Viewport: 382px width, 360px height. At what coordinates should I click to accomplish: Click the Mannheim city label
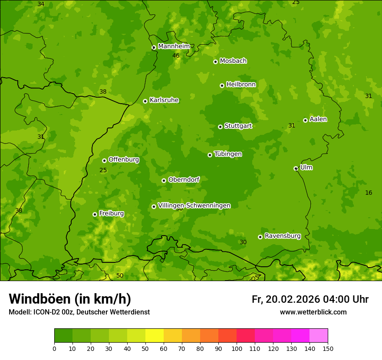pyautogui.click(x=174, y=46)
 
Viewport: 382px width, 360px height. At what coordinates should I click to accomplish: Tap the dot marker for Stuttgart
pyautogui.click(x=220, y=127)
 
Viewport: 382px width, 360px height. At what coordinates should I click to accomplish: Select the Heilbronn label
pyautogui.click(x=241, y=85)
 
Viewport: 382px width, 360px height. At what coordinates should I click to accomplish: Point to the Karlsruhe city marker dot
pyautogui.click(x=145, y=101)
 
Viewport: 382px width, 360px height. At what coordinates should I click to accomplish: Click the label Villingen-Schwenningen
pyautogui.click(x=194, y=206)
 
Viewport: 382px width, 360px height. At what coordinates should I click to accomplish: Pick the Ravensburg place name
pyautogui.click(x=282, y=236)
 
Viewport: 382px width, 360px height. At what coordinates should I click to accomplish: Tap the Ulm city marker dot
pyautogui.click(x=296, y=168)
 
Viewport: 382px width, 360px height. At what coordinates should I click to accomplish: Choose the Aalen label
pyautogui.click(x=318, y=119)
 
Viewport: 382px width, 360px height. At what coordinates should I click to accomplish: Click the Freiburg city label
pyautogui.click(x=111, y=213)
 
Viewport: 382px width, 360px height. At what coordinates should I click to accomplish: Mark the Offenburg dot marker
pyautogui.click(x=104, y=160)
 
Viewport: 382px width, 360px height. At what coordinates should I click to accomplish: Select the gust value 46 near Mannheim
pyautogui.click(x=176, y=56)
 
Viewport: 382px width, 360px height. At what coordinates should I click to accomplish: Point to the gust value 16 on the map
pyautogui.click(x=369, y=193)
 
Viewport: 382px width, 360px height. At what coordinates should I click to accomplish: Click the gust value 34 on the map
pyautogui.click(x=41, y=4)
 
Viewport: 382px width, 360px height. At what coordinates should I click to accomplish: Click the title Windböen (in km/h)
pyautogui.click(x=70, y=299)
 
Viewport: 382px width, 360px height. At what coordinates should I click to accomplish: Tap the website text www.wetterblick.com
pyautogui.click(x=313, y=312)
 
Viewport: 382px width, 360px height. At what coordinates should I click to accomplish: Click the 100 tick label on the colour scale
pyautogui.click(x=237, y=348)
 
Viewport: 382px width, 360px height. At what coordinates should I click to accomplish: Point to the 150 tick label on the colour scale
pyautogui.click(x=328, y=348)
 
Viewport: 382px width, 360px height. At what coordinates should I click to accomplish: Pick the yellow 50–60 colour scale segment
pyautogui.click(x=155, y=335)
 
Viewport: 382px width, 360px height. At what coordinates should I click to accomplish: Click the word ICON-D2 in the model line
pyautogui.click(x=47, y=312)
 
